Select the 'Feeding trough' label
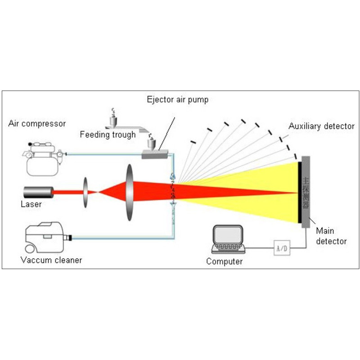[x=108, y=135]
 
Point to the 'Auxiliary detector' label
[x=321, y=126]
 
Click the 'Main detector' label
[x=331, y=236]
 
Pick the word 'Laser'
[x=31, y=204]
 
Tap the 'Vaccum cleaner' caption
[x=51, y=260]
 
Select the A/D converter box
[x=281, y=247]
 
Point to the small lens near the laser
[x=85, y=192]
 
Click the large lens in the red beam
[x=130, y=192]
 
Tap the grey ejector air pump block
[x=154, y=155]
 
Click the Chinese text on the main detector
[x=306, y=192]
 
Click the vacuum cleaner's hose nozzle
[x=68, y=237]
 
